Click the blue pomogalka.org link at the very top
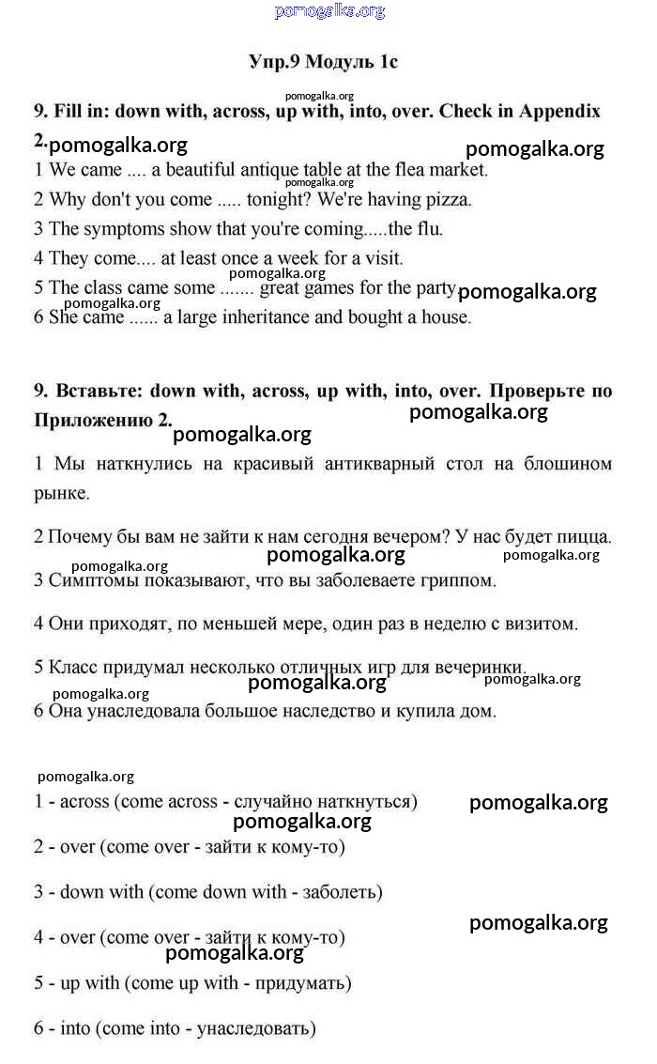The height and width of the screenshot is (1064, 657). tap(329, 11)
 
